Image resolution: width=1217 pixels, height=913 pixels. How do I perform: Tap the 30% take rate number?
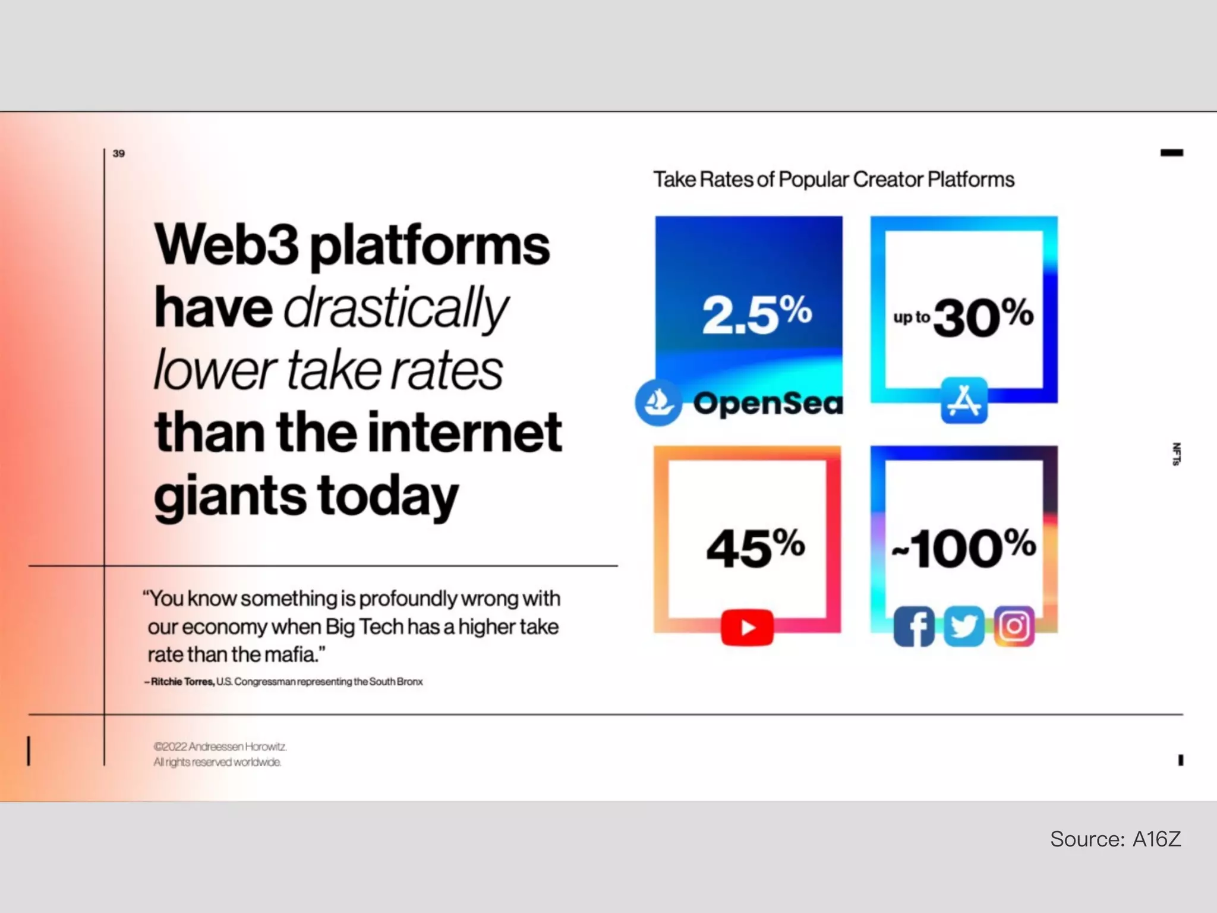point(983,317)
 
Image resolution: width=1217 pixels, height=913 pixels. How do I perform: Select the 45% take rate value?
point(755,547)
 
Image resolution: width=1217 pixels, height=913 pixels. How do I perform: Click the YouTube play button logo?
point(747,628)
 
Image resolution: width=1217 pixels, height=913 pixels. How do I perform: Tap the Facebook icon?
point(914,626)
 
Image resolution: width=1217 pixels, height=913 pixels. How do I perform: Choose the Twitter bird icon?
point(963,626)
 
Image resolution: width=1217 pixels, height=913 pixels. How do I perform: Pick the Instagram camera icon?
point(1014,626)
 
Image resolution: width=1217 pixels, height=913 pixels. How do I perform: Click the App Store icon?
point(964,401)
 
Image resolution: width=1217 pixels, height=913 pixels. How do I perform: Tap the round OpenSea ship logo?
point(658,402)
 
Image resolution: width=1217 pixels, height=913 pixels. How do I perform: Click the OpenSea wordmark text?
point(768,404)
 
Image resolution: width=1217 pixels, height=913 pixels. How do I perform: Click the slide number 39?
point(119,153)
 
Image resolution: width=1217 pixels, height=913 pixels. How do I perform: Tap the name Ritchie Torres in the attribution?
point(182,682)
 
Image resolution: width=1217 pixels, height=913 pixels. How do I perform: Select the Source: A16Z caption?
point(1115,839)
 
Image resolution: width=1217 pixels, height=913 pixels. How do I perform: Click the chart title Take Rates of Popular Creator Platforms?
point(834,180)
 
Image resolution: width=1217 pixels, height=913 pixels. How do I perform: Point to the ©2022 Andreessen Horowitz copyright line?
point(220,747)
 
